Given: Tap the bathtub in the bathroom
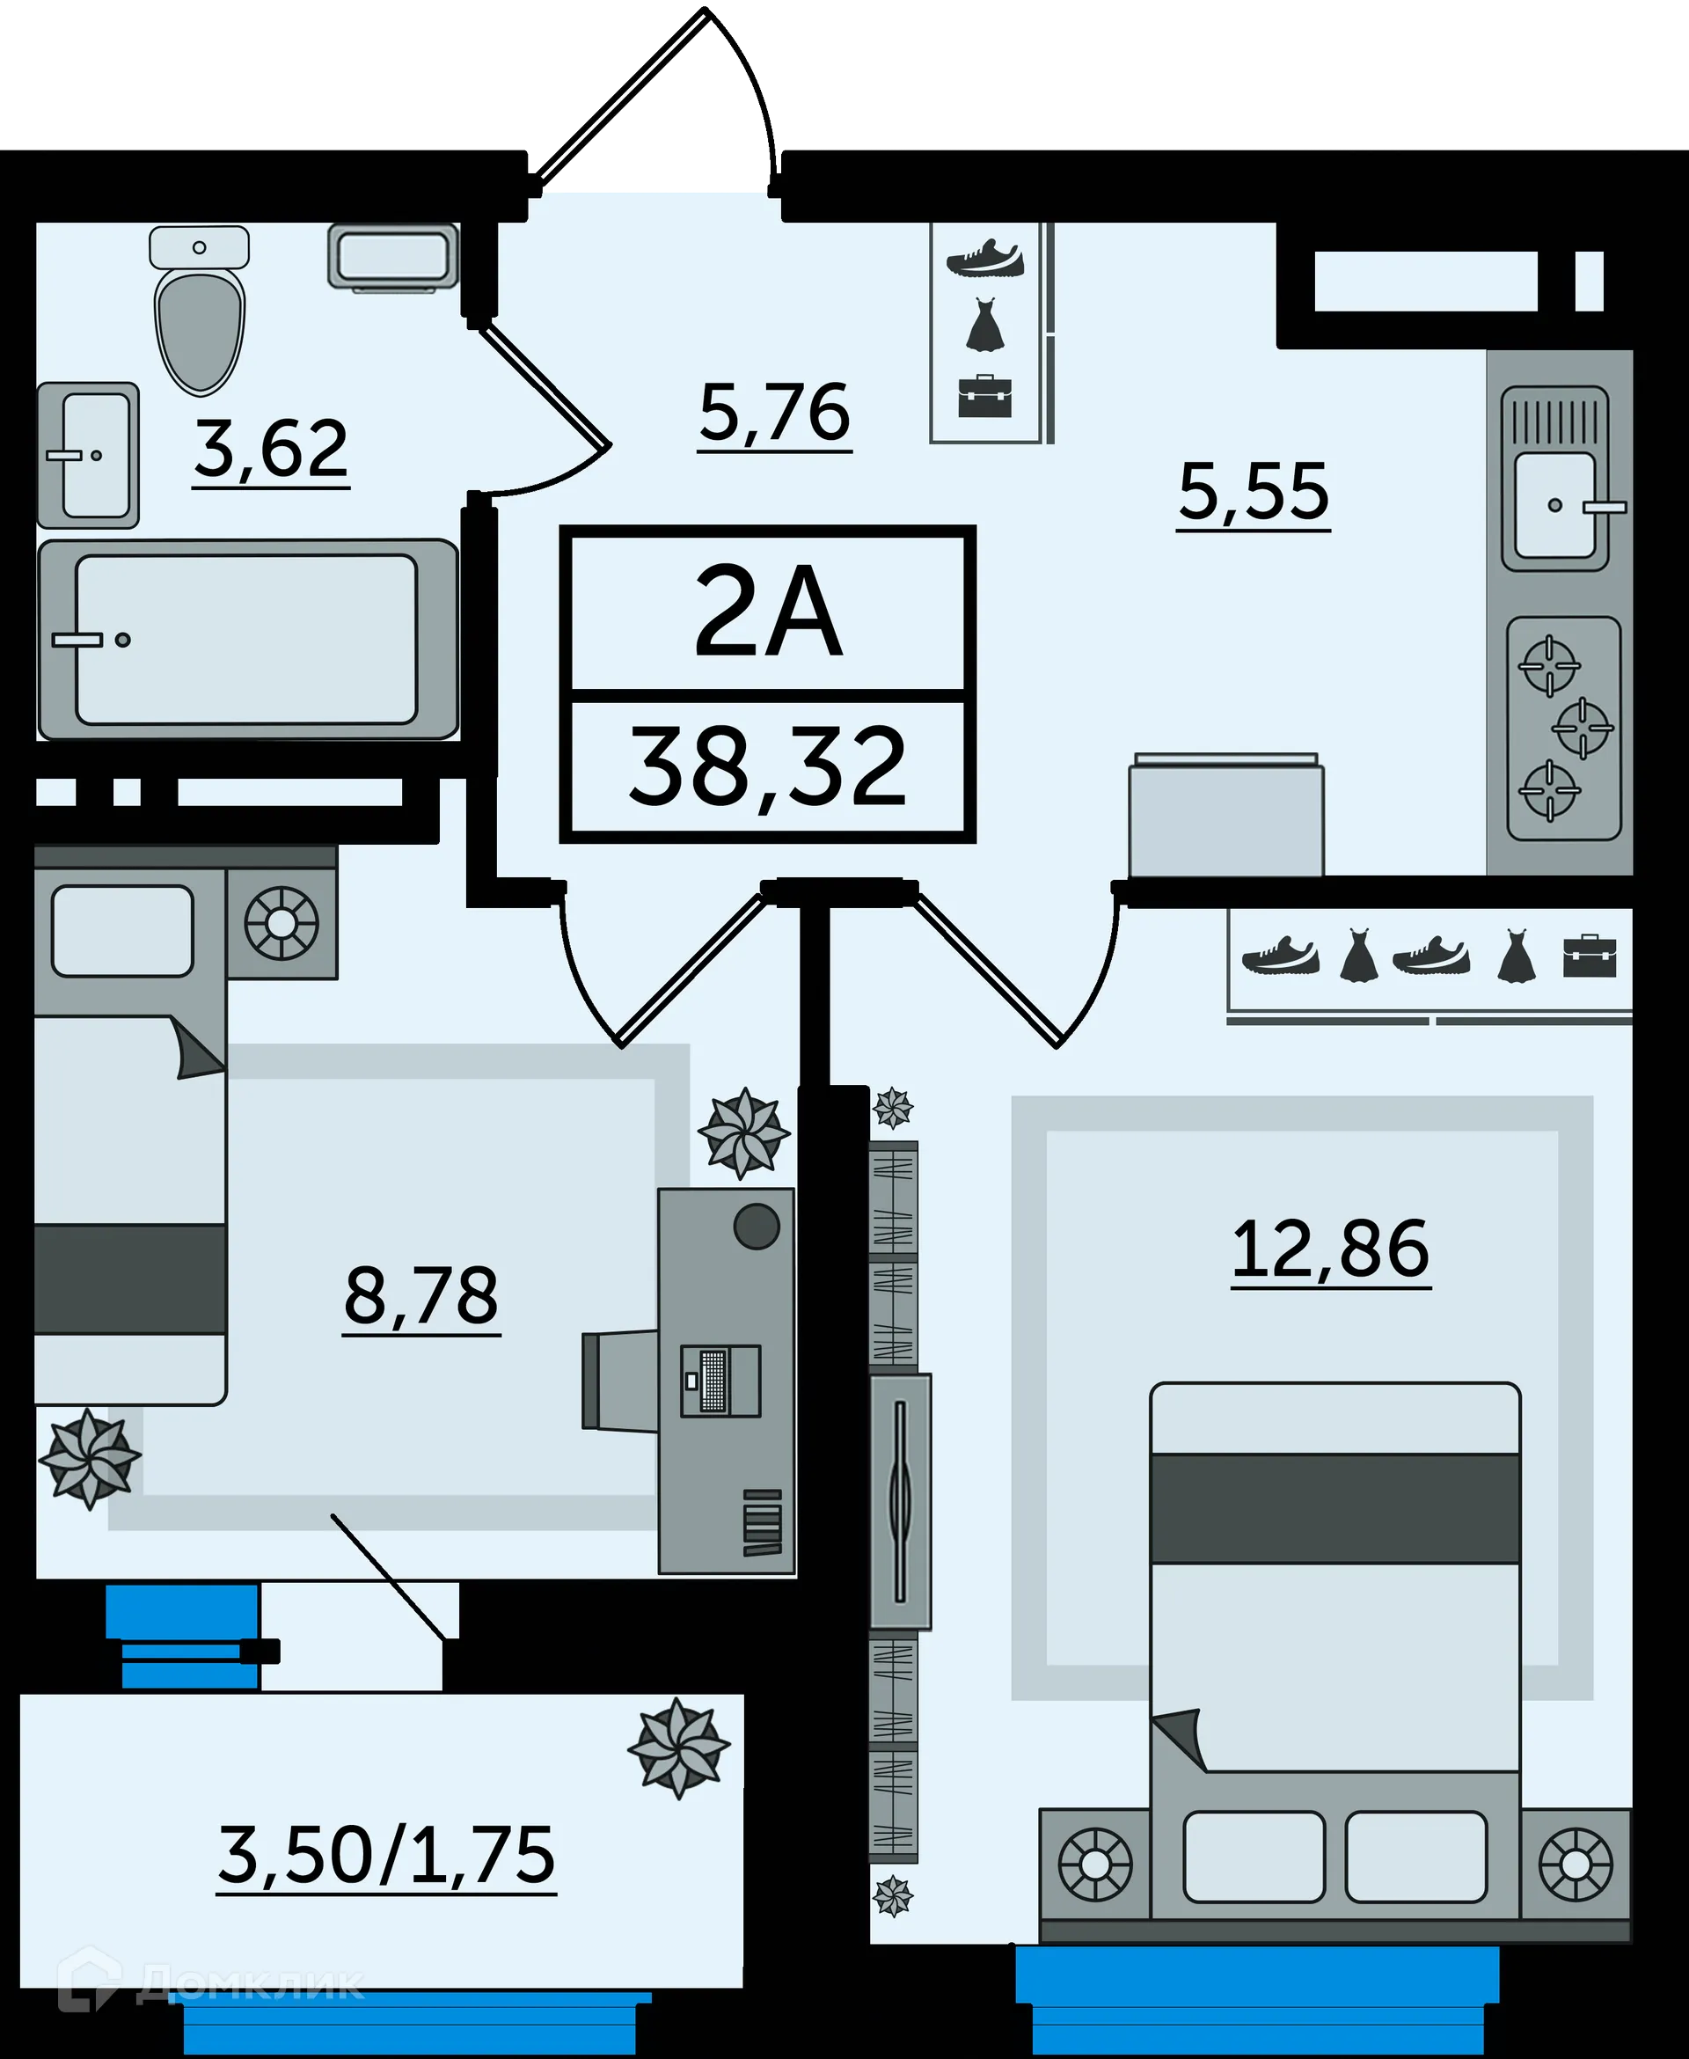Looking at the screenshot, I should click(247, 640).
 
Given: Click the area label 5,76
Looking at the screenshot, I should click(774, 414).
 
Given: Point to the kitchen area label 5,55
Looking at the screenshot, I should click(1254, 493).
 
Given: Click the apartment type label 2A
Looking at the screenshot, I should click(768, 613).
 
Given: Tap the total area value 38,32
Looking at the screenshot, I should click(768, 769).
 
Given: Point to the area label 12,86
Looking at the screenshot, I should click(1330, 1250).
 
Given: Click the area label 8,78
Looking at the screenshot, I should click(421, 1297).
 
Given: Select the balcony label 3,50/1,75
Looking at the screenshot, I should click(386, 1855).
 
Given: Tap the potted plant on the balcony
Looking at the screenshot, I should click(678, 1748).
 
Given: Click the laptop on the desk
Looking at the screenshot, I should click(720, 1380).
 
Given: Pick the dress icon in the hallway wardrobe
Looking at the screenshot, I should click(984, 325).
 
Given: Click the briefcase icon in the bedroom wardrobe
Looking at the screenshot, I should click(1590, 956).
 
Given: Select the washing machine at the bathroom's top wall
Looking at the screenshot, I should click(393, 256).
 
